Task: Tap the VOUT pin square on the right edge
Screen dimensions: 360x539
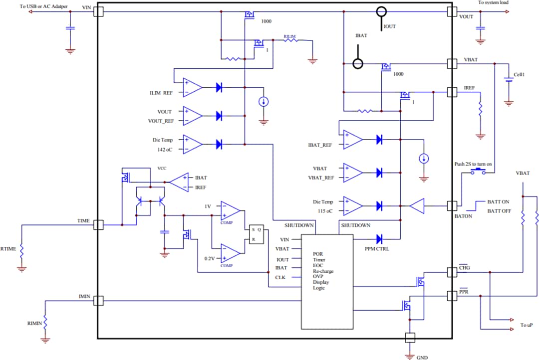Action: coord(452,11)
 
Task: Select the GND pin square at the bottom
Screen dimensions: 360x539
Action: coord(410,338)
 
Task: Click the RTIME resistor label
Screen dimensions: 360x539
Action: coord(8,248)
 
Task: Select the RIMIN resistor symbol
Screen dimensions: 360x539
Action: coord(45,322)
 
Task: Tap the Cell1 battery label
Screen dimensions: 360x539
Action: coord(520,75)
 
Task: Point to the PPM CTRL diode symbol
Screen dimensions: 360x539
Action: coord(379,238)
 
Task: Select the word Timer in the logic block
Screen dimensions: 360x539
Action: coord(319,260)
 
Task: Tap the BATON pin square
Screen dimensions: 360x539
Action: coord(452,205)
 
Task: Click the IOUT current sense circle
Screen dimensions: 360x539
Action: coord(381,11)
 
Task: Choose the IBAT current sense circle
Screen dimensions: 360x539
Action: coord(358,64)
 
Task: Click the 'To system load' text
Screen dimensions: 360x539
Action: coord(493,3)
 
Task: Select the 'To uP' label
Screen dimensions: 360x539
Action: coord(527,325)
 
